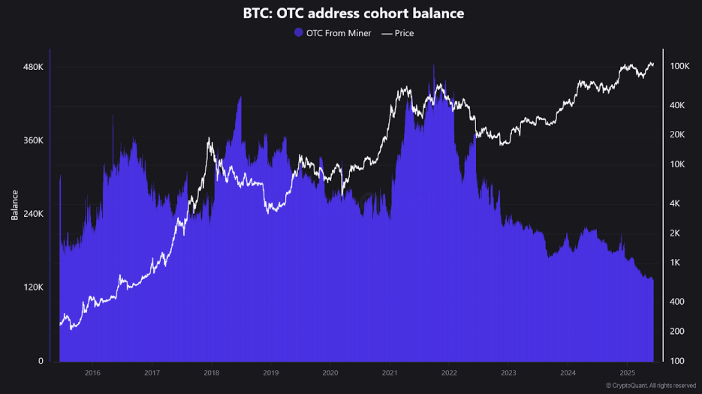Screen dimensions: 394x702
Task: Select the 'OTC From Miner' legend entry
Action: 338,33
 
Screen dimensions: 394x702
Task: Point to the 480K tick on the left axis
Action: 33,67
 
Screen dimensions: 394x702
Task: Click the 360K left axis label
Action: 33,140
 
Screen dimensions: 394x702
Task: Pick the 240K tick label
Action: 33,214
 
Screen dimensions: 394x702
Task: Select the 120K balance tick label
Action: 33,287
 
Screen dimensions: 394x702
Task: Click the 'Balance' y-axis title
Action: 14,205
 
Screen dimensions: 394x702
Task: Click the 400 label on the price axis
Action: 676,302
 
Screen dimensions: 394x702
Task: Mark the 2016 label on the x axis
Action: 92,372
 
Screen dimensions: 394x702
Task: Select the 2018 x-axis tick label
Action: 211,372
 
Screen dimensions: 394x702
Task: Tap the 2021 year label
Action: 390,372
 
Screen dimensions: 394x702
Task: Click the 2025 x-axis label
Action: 628,372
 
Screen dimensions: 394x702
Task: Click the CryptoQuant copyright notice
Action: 650,386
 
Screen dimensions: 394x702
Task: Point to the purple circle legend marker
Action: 298,33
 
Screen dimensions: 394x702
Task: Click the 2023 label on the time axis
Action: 508,372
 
